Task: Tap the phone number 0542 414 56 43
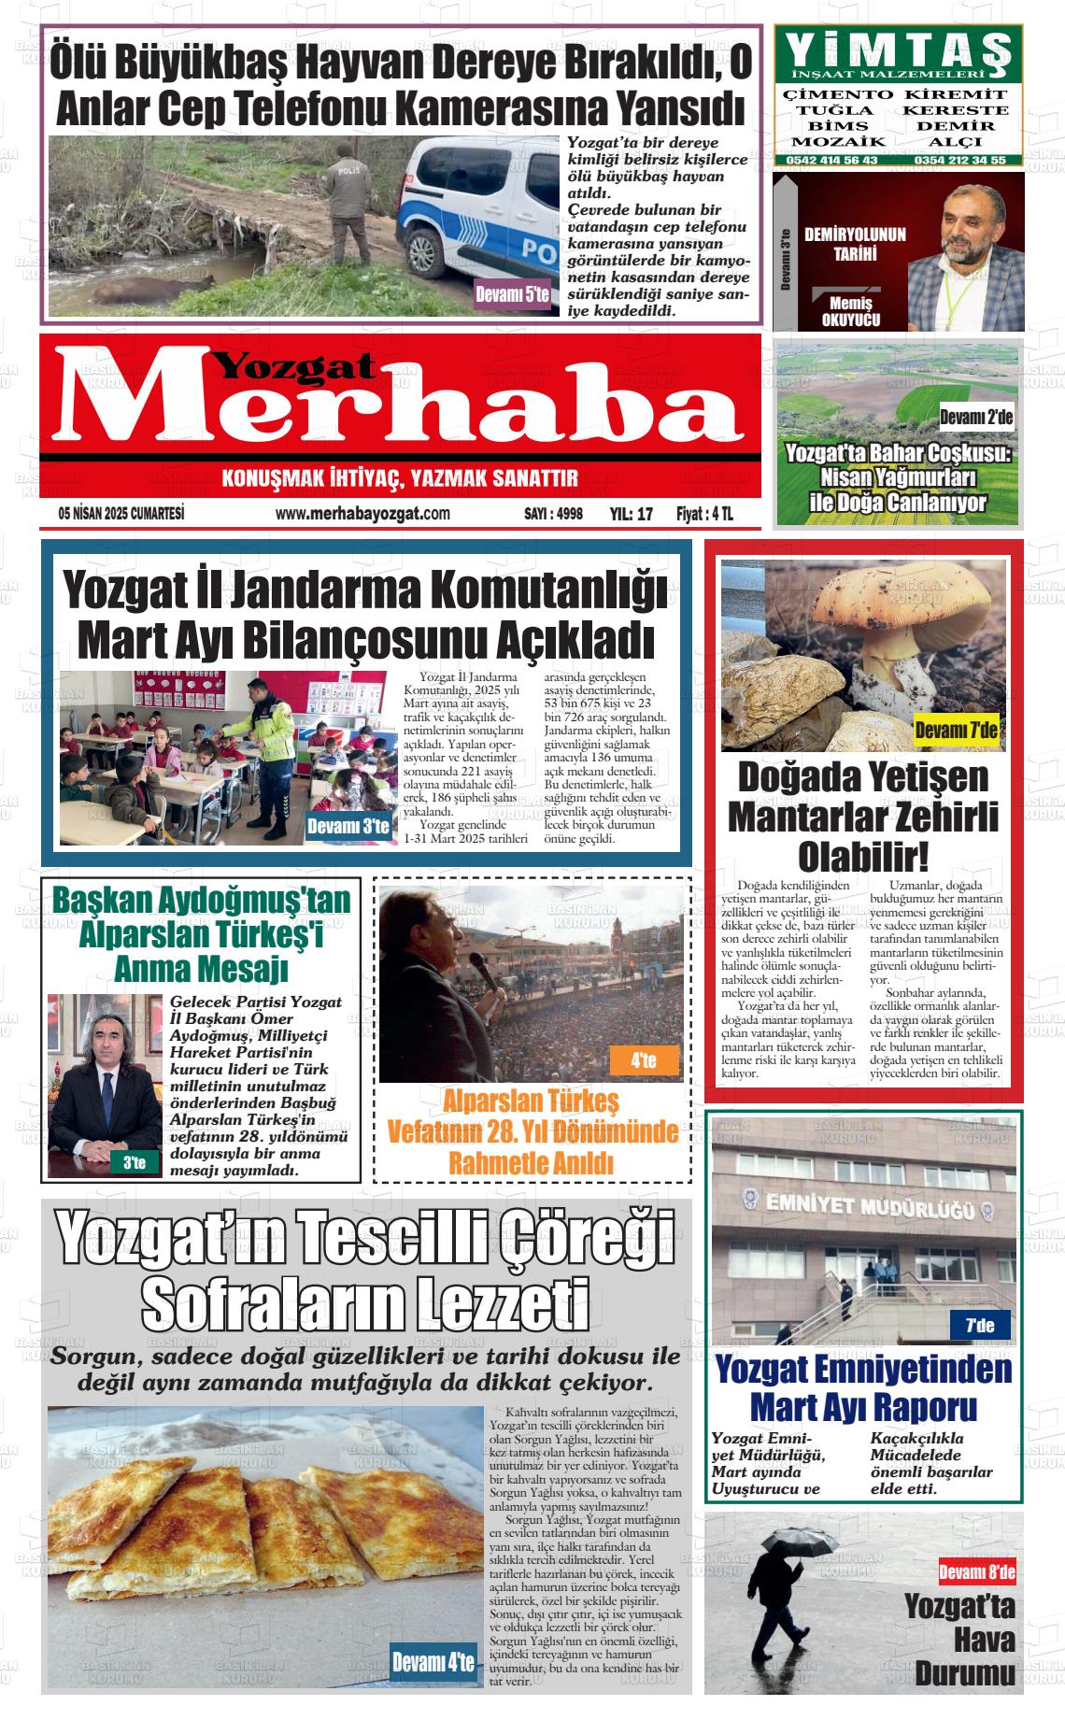(831, 160)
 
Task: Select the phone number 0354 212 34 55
(960, 160)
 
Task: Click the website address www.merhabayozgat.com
(363, 514)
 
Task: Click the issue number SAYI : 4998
(553, 514)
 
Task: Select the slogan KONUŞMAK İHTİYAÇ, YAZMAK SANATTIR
(400, 480)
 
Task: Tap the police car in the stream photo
(476, 215)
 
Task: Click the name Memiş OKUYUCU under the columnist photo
(850, 312)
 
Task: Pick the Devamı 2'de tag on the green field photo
(975, 418)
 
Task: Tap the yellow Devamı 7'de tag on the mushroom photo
(956, 730)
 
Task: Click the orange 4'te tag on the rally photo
(643, 1060)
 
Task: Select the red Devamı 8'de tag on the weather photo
(976, 1573)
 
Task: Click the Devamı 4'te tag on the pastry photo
(433, 1662)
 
